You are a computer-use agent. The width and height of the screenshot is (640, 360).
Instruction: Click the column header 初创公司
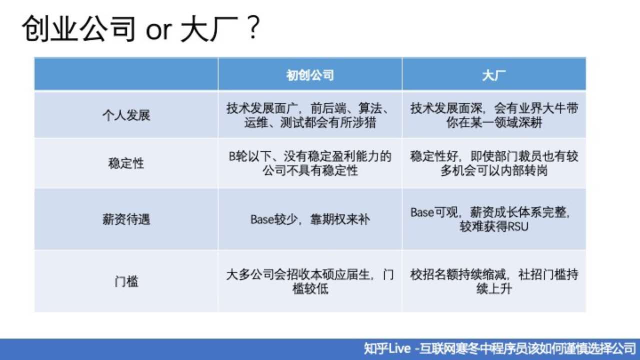click(310, 75)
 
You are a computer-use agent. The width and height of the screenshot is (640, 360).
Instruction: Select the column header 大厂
click(493, 75)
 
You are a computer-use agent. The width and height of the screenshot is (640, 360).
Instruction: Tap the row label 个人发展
click(126, 115)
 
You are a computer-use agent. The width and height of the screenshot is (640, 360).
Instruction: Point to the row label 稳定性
click(126, 163)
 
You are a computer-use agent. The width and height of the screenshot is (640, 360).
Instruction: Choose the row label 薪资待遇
click(126, 219)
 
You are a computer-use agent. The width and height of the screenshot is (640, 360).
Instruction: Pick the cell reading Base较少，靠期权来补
click(310, 219)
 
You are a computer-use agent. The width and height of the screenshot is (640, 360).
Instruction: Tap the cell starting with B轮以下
click(310, 163)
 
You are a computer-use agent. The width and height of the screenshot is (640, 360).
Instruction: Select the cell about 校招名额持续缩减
click(493, 281)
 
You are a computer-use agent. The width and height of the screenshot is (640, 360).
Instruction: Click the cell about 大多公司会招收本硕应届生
click(310, 281)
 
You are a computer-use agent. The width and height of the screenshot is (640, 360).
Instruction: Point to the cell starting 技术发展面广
click(310, 115)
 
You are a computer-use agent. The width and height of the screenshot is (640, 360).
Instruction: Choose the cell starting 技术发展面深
click(493, 115)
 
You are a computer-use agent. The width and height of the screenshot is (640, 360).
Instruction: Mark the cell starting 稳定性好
click(493, 163)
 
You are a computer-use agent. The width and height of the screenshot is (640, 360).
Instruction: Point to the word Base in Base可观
click(421, 212)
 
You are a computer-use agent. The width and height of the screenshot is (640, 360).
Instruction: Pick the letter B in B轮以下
click(232, 156)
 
